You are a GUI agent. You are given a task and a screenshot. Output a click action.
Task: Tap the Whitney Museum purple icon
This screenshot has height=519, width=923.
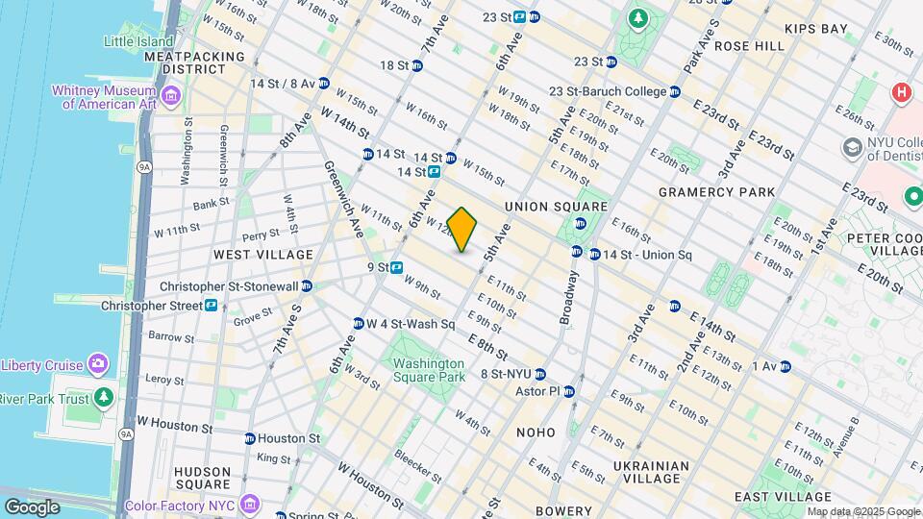point(171,95)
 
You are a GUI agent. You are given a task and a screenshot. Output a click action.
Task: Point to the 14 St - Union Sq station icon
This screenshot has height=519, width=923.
point(577,253)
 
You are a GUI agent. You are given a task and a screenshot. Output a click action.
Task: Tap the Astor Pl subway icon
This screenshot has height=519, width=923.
point(569,391)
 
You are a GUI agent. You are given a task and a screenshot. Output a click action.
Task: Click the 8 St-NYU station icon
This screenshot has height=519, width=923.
point(540,374)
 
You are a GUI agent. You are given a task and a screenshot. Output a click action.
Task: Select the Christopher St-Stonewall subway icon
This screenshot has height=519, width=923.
point(306,285)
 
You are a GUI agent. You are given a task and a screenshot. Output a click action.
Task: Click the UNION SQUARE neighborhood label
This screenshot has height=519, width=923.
point(556,207)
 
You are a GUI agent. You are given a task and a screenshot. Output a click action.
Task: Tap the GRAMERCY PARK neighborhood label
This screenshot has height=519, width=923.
point(716,192)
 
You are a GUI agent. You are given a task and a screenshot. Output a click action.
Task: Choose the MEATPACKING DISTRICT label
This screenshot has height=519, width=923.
point(195,62)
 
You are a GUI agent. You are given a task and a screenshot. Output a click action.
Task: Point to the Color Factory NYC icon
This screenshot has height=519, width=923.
point(250,504)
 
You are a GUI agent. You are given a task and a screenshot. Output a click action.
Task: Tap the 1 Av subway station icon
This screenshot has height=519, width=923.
point(785,366)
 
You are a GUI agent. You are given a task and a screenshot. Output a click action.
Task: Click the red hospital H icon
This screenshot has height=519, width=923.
point(901,92)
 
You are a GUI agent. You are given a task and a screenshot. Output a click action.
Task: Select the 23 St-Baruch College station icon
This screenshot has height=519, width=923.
point(675,91)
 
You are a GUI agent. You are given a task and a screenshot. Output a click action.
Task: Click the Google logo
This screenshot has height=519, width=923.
point(31,507)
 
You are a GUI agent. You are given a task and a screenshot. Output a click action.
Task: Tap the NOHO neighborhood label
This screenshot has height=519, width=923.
point(536,432)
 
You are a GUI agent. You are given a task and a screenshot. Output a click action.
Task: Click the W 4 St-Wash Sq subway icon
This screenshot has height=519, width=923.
point(358,324)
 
